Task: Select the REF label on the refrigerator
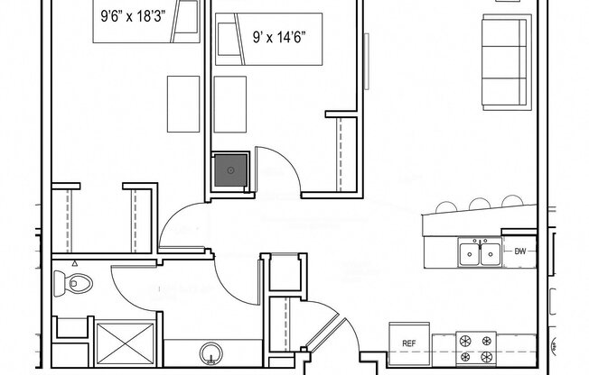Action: [408, 343]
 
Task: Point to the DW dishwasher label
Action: [519, 252]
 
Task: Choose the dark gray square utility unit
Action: [230, 169]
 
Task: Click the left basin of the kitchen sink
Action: [469, 254]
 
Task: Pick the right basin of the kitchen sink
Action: [491, 254]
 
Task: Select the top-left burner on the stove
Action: [467, 340]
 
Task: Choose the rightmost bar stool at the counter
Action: [511, 203]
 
